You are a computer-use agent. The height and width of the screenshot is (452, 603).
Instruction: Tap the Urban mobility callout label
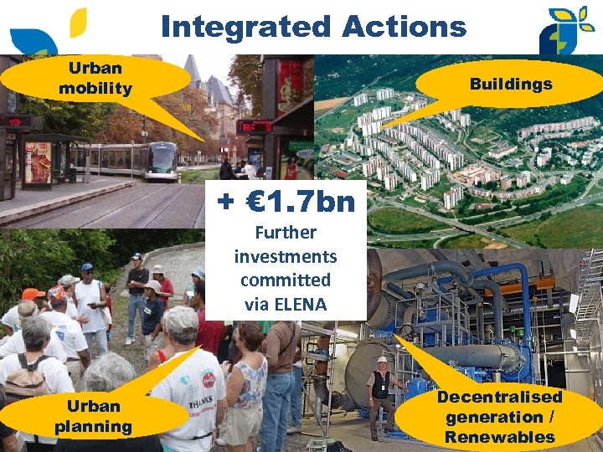pos(95,78)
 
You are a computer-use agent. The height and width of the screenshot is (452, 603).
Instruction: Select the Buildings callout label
pos(510,84)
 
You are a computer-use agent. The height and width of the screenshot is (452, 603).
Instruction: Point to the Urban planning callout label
pos(93,416)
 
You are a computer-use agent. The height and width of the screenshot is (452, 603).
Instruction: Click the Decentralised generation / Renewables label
pos(499,417)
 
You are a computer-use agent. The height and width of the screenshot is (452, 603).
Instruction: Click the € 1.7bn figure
pos(286,202)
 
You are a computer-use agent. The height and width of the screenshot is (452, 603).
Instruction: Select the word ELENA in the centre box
pos(297,304)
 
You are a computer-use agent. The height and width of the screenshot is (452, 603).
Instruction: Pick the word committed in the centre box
pos(286,280)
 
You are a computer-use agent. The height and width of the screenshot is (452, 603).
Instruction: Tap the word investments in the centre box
pos(286,256)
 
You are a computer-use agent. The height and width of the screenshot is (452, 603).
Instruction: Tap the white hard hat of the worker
pos(383,360)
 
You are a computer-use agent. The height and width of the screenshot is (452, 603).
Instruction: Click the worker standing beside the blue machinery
pos(381,393)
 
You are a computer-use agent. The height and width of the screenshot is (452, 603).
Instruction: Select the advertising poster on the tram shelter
pos(39,162)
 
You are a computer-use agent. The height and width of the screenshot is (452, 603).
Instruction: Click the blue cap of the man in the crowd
pos(87,268)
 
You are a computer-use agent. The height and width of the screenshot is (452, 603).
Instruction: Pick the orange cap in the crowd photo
pos(32,294)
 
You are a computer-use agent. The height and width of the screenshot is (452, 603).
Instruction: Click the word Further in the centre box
pos(286,233)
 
